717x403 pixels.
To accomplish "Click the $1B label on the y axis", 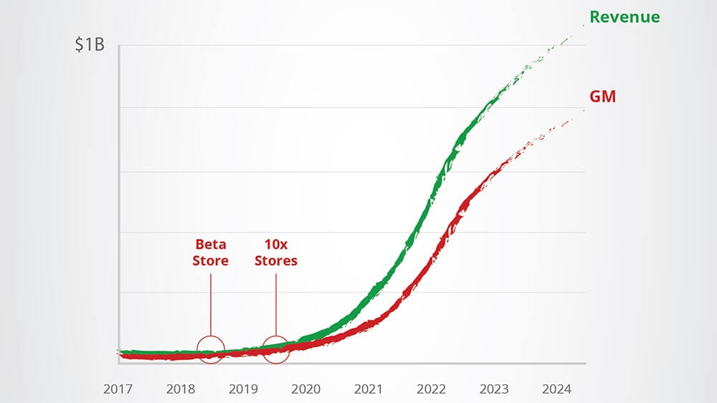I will pos(90,45).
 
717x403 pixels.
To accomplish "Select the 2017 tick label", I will pos(118,389).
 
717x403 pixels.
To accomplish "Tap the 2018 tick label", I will pos(181,389).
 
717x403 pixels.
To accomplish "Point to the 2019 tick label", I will pos(243,389).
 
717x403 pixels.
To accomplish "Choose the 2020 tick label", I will pos(306,389).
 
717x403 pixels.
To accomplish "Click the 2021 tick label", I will pos(369,389).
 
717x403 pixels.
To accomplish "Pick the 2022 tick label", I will pos(431,389).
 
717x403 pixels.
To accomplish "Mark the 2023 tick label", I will pos(494,389).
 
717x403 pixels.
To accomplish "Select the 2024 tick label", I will pos(556,389).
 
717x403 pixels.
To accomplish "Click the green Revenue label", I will pos(625,16).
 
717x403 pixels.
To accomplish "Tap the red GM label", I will pos(602,96).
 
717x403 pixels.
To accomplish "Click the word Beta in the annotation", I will pos(210,245).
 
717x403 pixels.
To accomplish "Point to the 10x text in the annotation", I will pos(276,245).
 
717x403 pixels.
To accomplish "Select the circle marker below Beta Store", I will pos(211,349).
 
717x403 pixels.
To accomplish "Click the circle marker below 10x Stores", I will pos(276,349).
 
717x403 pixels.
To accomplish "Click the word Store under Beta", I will pos(210,261).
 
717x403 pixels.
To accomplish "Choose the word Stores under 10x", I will pos(276,261).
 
